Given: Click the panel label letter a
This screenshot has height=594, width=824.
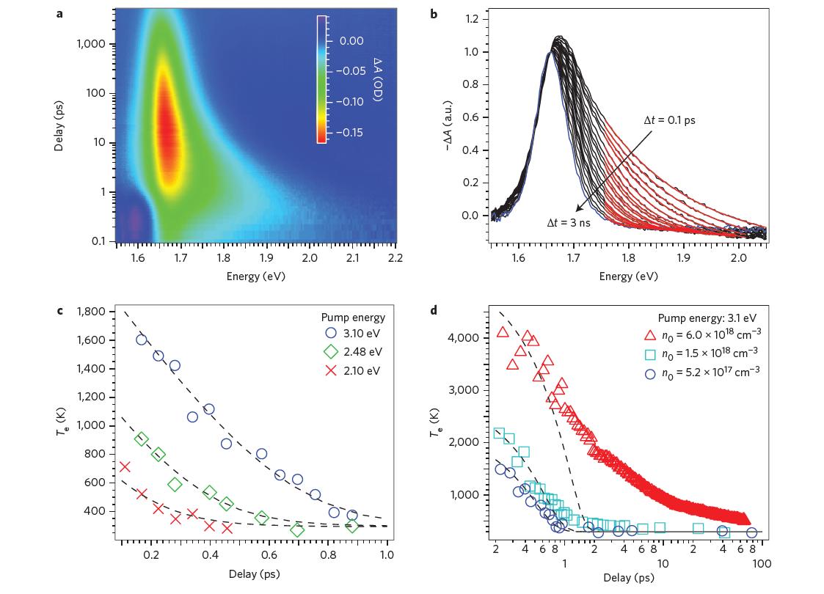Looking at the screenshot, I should [x=59, y=12].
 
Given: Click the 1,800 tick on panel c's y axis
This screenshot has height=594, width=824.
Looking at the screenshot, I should [x=91, y=312].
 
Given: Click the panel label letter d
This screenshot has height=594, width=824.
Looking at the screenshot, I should [x=434, y=310].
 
